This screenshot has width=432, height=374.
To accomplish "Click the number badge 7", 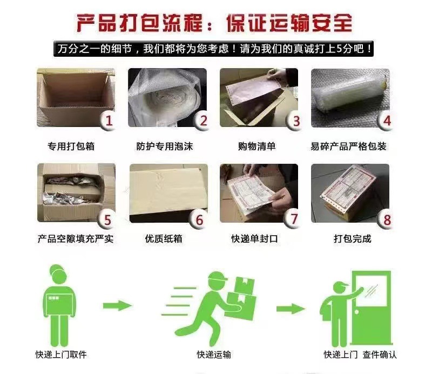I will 294,219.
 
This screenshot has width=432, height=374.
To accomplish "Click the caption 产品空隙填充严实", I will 76,238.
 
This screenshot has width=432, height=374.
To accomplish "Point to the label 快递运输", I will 214,355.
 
